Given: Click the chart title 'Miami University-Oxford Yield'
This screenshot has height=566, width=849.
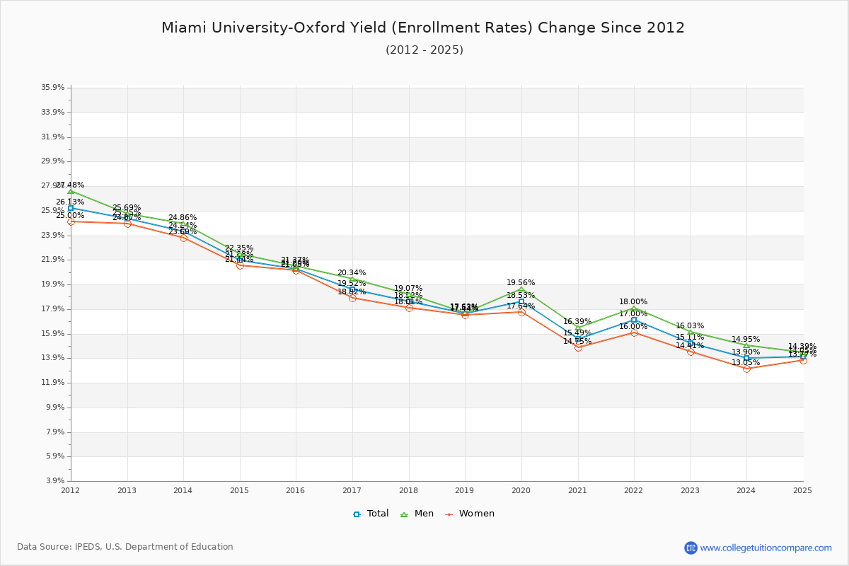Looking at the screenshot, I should pyautogui.click(x=423, y=28).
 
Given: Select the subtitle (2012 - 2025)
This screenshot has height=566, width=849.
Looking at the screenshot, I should pyautogui.click(x=424, y=50).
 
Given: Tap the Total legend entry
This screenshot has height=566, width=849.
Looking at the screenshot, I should pyautogui.click(x=371, y=514).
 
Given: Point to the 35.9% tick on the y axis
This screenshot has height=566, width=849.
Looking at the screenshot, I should pyautogui.click(x=53, y=88).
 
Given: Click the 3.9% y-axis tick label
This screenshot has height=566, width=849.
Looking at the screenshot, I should pyautogui.click(x=55, y=481).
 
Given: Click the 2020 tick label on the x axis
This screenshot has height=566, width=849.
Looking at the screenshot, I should pyautogui.click(x=521, y=490).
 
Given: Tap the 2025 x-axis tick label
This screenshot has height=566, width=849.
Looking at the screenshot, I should pyautogui.click(x=802, y=490).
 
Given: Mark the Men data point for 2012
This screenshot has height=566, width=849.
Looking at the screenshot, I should pyautogui.click(x=71, y=191).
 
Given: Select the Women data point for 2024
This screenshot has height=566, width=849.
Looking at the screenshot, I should pyautogui.click(x=746, y=369).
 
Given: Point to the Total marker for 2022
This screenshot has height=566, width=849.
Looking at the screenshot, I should pyautogui.click(x=634, y=320).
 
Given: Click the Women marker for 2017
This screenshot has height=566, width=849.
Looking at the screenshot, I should pyautogui.click(x=352, y=298).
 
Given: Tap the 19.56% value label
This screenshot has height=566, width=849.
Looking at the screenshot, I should pyautogui.click(x=521, y=282).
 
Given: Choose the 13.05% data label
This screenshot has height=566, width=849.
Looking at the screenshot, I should pyautogui.click(x=746, y=362).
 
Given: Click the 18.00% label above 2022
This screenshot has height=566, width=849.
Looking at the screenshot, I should pyautogui.click(x=633, y=301).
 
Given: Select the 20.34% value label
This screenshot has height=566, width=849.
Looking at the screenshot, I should pyautogui.click(x=352, y=272).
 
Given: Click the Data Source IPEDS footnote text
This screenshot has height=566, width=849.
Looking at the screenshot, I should pyautogui.click(x=125, y=547).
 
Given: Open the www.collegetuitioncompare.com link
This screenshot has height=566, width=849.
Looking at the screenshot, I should pyautogui.click(x=766, y=548).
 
